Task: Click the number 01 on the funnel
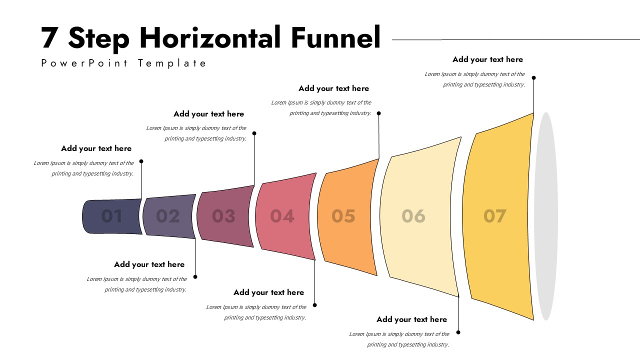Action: (112, 216)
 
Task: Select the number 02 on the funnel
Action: (168, 216)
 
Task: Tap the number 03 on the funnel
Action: (223, 216)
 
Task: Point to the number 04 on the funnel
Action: (282, 216)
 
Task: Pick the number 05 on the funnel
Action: (343, 216)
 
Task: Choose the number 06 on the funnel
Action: (413, 216)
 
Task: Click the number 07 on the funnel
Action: (495, 216)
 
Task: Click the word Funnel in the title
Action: (335, 38)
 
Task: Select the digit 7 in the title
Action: (49, 38)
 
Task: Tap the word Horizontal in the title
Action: (210, 38)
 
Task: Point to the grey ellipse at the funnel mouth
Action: (546, 216)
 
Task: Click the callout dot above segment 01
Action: (141, 161)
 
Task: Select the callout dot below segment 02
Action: (195, 276)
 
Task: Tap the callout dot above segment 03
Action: (254, 133)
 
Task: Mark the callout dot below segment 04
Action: (315, 305)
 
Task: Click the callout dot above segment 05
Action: (379, 113)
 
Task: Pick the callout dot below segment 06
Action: (458, 332)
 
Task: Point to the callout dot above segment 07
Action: (533, 78)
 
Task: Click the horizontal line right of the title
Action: (515, 39)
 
